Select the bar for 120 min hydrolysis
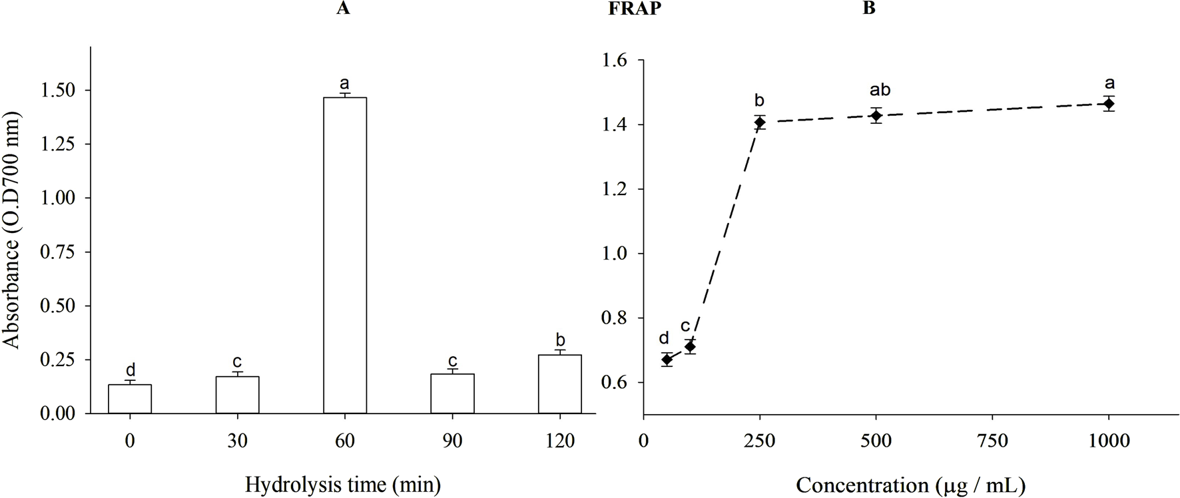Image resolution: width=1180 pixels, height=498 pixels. [x=559, y=384]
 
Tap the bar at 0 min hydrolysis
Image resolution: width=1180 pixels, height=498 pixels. [x=130, y=399]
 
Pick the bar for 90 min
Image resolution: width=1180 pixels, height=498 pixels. [x=452, y=393]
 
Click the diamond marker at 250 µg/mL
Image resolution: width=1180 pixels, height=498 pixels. [x=759, y=122]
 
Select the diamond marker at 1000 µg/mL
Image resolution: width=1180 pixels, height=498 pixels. [x=1109, y=104]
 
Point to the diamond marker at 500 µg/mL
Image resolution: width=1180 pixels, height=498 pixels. [x=876, y=116]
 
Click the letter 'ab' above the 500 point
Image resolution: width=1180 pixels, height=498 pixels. [x=880, y=90]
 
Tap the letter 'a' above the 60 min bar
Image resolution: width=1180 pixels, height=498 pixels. [x=344, y=83]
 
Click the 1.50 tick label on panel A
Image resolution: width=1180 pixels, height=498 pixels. [x=58, y=90]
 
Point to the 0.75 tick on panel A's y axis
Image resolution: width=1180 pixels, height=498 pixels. [x=58, y=252]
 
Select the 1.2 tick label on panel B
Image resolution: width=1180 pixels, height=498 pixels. [x=614, y=189]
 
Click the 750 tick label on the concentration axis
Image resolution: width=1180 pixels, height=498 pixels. [x=992, y=441]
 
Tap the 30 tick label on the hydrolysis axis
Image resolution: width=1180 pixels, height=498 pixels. [x=237, y=441]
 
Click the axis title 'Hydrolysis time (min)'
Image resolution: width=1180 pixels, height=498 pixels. [x=343, y=484]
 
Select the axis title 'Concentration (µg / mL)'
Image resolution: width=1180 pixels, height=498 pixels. [x=910, y=485]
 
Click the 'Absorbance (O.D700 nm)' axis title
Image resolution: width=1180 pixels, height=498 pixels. [x=11, y=230]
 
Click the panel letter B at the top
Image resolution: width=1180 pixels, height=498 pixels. [x=868, y=9]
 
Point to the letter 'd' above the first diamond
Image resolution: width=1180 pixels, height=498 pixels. [x=663, y=338]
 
